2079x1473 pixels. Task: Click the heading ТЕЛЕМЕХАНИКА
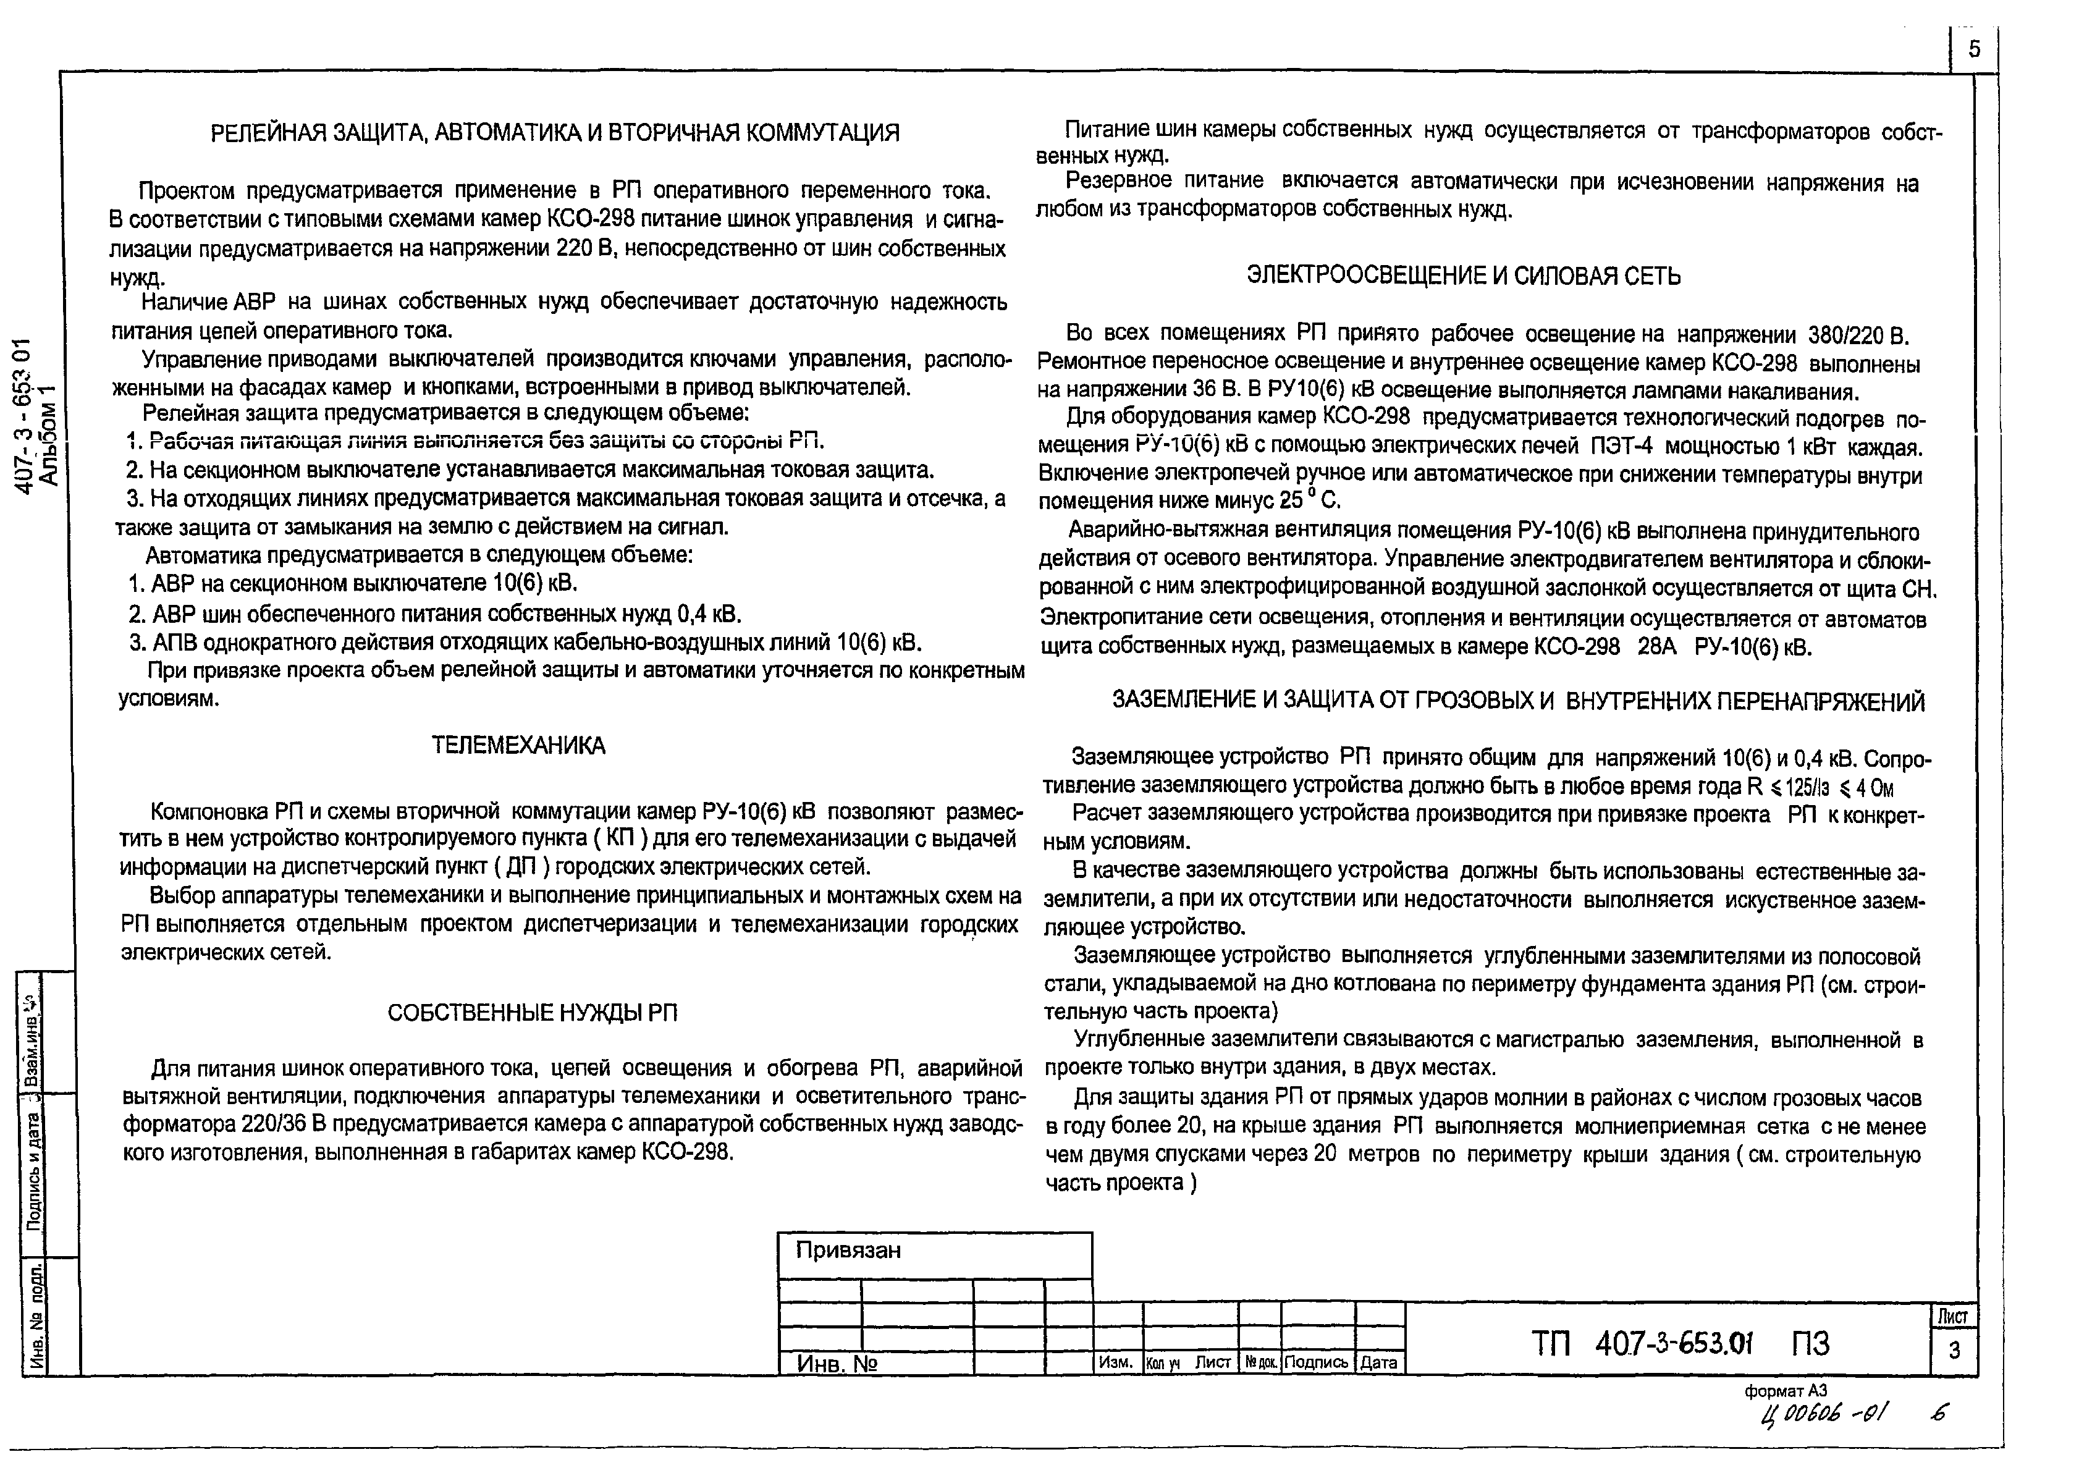(x=518, y=746)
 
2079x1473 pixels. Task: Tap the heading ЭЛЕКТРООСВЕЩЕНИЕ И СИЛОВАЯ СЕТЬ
(x=1463, y=276)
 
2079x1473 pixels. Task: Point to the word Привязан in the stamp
(x=848, y=1251)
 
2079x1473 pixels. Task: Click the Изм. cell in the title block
(x=1116, y=1362)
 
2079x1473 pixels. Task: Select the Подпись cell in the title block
(x=1317, y=1362)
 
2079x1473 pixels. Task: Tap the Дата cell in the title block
(x=1379, y=1362)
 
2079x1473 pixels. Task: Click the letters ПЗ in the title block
(x=1810, y=1343)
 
